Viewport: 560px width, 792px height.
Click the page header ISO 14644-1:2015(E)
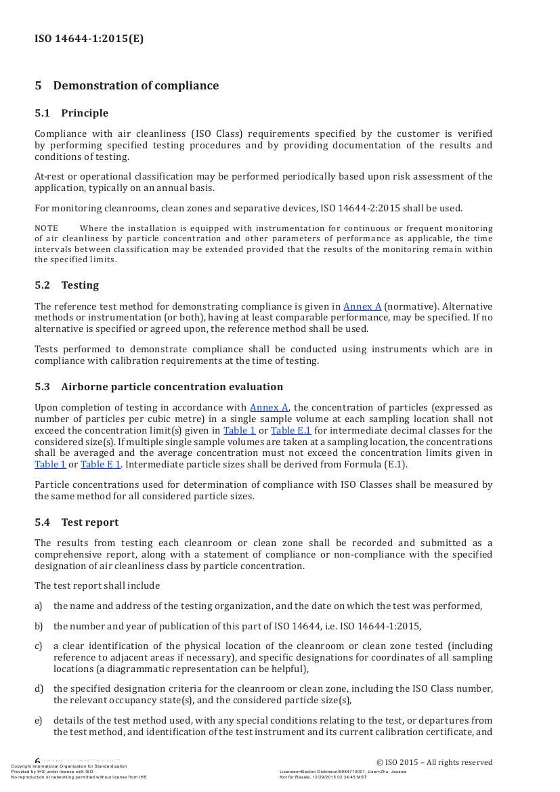[x=89, y=39]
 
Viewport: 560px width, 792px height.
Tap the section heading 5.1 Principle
[x=71, y=113]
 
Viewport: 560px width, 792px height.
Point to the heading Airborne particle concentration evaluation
[x=172, y=387]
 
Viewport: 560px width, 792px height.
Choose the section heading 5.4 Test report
[x=77, y=522]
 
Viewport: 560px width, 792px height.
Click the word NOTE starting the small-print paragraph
[x=46, y=228]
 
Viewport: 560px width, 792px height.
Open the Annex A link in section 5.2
[x=362, y=306]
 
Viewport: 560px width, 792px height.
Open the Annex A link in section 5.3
[x=269, y=407]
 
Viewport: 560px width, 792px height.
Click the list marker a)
[x=39, y=606]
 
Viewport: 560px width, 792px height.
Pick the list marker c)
[x=39, y=646]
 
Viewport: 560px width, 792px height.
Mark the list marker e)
[x=39, y=720]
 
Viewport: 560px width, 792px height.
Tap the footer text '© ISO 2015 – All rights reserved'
[x=434, y=762]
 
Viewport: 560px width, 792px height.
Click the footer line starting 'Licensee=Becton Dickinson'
[x=343, y=771]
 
